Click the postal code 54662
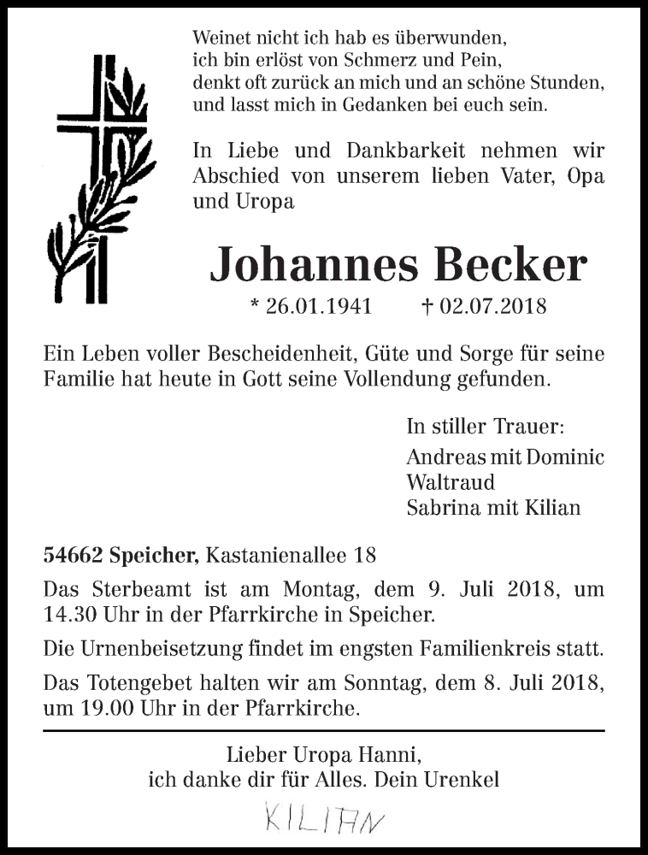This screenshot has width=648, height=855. (x=74, y=556)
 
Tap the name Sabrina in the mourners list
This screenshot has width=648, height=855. (x=441, y=507)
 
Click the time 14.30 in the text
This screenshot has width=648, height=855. (x=66, y=613)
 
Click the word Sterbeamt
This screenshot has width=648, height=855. (x=141, y=590)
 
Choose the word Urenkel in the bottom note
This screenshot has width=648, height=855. (x=467, y=779)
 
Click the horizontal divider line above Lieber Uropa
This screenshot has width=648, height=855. (x=324, y=731)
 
